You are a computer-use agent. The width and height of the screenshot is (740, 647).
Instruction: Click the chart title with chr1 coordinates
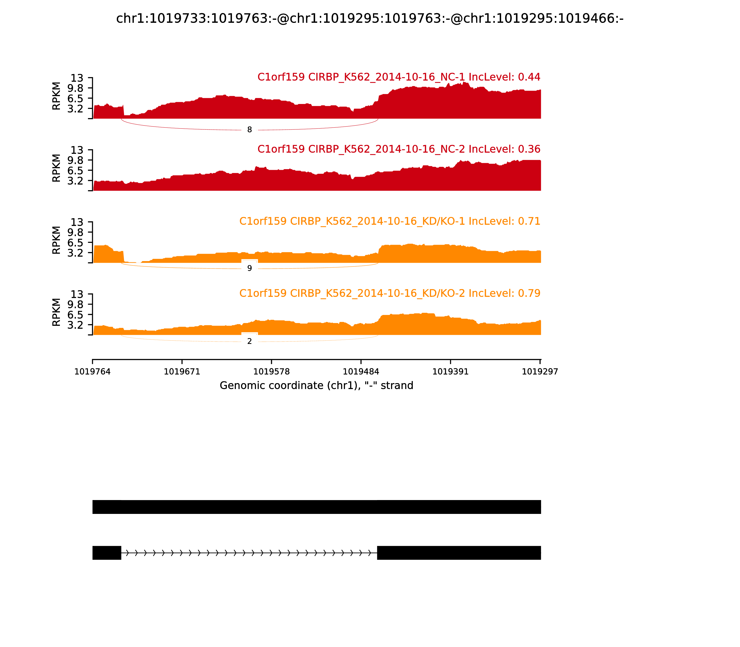pyautogui.click(x=370, y=18)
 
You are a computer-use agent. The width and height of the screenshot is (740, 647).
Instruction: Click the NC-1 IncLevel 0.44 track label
pyautogui.click(x=398, y=77)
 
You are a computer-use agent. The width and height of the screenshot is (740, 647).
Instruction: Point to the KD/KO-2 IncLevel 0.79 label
pyautogui.click(x=389, y=293)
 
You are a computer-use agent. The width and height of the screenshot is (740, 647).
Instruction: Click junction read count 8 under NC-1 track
pyautogui.click(x=249, y=130)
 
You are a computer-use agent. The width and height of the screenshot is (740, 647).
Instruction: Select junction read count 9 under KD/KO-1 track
pyautogui.click(x=249, y=268)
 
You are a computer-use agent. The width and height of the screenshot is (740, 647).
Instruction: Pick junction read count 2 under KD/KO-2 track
pyautogui.click(x=249, y=341)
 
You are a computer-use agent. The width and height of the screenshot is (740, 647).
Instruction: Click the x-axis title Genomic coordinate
pyautogui.click(x=316, y=386)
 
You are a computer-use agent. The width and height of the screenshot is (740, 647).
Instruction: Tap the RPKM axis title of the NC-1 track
pyautogui.click(x=56, y=96)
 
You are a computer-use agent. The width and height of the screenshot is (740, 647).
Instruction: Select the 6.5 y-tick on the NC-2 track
pyautogui.click(x=75, y=171)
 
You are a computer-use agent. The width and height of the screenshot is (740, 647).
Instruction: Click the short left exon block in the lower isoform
pyautogui.click(x=107, y=553)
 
